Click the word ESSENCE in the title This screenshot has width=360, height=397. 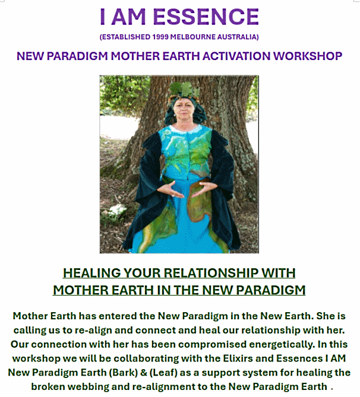(x=206, y=17)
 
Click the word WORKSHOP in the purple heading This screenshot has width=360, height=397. (x=308, y=56)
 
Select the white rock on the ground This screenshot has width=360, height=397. (x=115, y=211)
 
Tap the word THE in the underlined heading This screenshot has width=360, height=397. (x=186, y=290)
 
